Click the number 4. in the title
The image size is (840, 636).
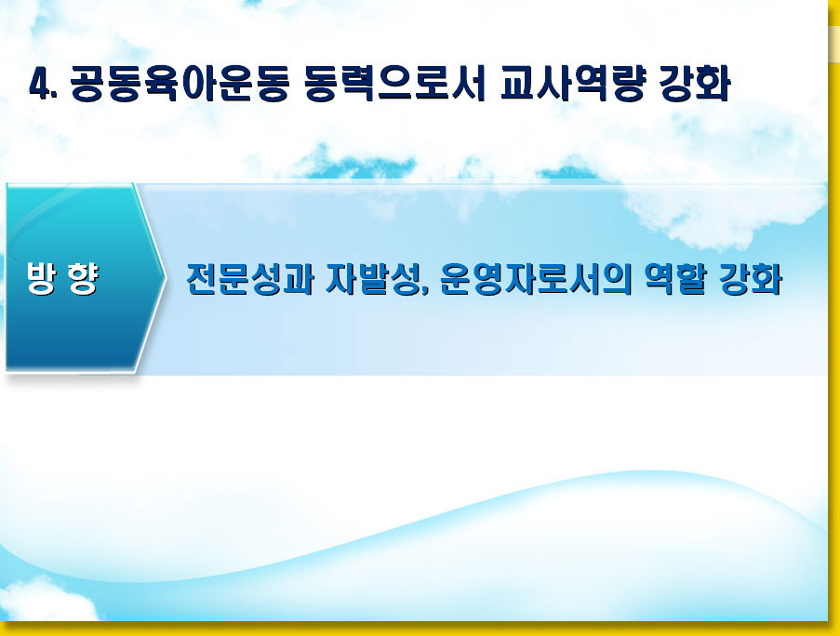coord(44,84)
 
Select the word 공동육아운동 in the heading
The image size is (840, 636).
coord(180,84)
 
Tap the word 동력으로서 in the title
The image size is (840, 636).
coord(394,84)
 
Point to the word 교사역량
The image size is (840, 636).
coord(572,84)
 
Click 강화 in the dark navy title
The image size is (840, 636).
coord(695,84)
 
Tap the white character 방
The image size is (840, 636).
coord(41,278)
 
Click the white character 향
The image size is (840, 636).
coord(83,278)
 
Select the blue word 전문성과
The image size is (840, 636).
coord(249,279)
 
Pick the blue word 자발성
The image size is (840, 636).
coord(373,279)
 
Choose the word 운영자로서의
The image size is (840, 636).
coord(536,279)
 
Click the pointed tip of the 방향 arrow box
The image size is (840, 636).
coord(166,278)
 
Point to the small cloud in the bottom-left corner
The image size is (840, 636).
coord(46,600)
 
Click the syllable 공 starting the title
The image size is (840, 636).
coord(87,84)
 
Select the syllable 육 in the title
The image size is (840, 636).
coord(161,84)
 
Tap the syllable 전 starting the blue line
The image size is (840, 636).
coord(202,279)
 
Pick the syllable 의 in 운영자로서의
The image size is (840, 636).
coord(616,279)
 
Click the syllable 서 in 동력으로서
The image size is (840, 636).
coord(469,84)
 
